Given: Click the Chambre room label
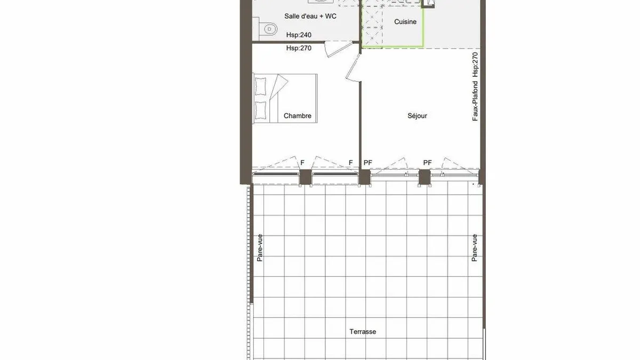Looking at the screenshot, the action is (x=298, y=116).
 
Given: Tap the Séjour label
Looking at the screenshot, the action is (x=417, y=116).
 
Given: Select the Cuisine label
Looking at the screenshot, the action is (x=405, y=22).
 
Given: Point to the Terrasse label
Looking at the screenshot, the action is (x=363, y=332).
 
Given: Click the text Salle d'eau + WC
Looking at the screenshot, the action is (x=310, y=17).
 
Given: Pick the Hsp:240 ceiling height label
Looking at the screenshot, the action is (x=299, y=35).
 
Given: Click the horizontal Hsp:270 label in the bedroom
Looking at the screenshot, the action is (x=299, y=48).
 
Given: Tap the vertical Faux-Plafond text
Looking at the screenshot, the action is (x=475, y=101).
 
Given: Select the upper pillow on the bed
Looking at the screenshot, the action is (x=261, y=86).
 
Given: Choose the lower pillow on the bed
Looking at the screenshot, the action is (x=261, y=110).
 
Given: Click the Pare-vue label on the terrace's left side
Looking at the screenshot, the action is (x=260, y=248).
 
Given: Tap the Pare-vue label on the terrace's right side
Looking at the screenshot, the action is (x=474, y=248).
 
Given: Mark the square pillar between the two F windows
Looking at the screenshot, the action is (x=306, y=177).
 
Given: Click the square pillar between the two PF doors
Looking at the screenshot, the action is (x=425, y=177).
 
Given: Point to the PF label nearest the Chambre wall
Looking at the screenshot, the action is (x=367, y=163).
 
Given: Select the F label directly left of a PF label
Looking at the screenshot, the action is (x=350, y=163).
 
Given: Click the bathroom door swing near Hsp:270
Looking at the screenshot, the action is (x=339, y=49).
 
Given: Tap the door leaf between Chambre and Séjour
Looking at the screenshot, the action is (x=353, y=68).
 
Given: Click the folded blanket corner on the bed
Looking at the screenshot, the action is (x=279, y=86).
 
